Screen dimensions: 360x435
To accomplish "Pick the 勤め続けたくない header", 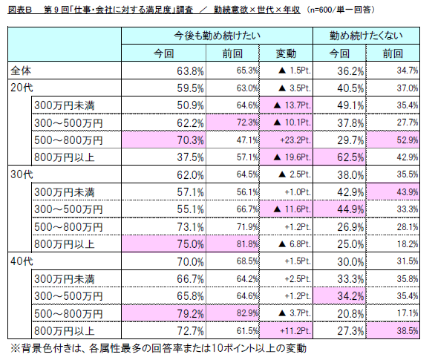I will [367, 36].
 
